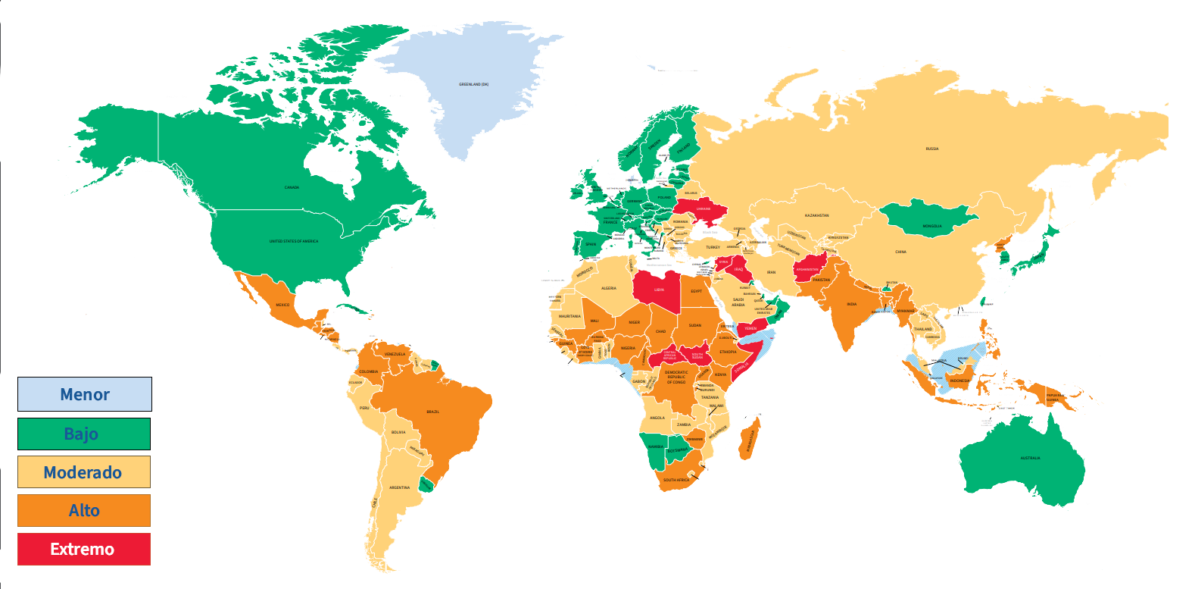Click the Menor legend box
[x=85, y=394]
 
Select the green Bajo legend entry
[x=84, y=434]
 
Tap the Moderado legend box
[x=84, y=472]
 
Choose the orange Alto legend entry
[x=84, y=510]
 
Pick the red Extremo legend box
[x=84, y=549]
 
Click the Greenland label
[x=473, y=84]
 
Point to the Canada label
[x=292, y=187]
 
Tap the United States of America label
[x=294, y=241]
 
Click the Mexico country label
[x=282, y=305]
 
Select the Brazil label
[x=432, y=412]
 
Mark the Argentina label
[x=399, y=487]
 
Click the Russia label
[x=932, y=149]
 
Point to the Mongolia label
[x=932, y=226]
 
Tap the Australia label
[x=1030, y=458]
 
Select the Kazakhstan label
[x=816, y=215]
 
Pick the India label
[x=851, y=304]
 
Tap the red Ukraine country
[x=704, y=208]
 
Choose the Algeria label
[x=609, y=288]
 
